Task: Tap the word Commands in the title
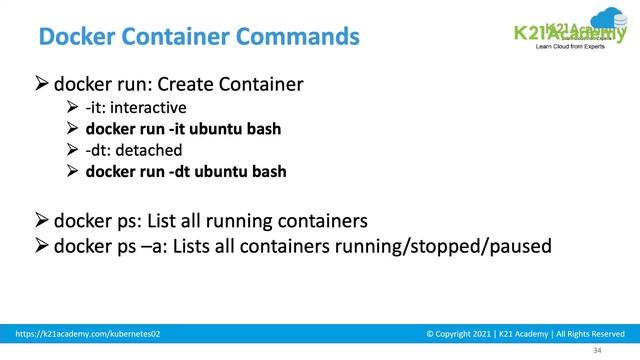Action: tap(299, 38)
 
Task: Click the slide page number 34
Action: tap(598, 351)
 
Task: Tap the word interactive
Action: tap(152, 107)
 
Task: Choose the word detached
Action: tap(150, 150)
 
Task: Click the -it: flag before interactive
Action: tap(100, 107)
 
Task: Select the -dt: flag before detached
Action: tap(102, 150)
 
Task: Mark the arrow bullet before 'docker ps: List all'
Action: tap(42, 220)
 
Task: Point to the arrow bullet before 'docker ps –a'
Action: tap(42, 245)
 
